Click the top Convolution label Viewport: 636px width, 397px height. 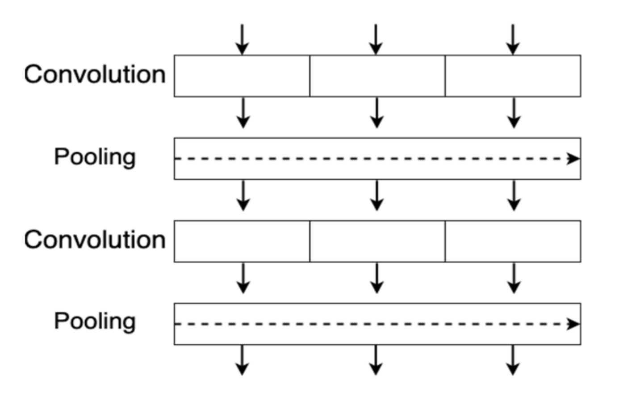click(95, 74)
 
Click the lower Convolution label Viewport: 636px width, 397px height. click(95, 240)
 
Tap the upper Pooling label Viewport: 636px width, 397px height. click(95, 157)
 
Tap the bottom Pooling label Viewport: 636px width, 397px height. click(95, 321)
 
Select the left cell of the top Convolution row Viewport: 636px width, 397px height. click(242, 76)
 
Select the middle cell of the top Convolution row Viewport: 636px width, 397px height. click(377, 76)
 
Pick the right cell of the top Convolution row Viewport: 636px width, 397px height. click(513, 76)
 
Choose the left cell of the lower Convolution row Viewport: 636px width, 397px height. click(242, 241)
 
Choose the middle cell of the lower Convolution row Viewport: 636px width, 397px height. click(377, 241)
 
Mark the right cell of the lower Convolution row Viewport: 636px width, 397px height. click(513, 241)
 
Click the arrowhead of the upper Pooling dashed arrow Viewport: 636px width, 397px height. click(573, 159)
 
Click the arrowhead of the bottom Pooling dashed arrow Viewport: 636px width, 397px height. click(573, 324)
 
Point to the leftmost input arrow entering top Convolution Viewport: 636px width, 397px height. click(242, 39)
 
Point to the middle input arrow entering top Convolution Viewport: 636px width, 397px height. click(376, 39)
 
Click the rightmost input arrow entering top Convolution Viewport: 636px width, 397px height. click(513, 39)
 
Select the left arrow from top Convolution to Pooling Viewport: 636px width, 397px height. click(243, 113)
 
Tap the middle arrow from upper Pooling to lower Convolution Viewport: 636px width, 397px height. click(377, 195)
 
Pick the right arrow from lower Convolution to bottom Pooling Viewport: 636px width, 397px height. click(514, 278)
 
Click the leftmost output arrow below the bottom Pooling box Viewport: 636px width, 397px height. click(242, 360)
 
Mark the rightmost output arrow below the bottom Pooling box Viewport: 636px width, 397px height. click(513, 360)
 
